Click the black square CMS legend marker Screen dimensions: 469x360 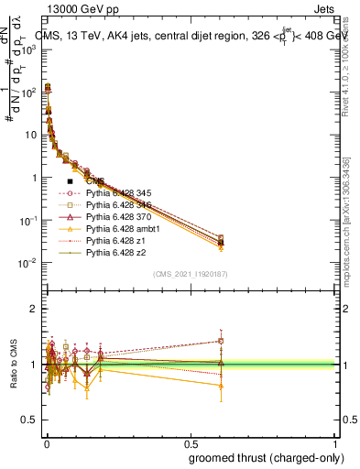coord(71,181)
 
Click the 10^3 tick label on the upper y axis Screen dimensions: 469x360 coord(29,49)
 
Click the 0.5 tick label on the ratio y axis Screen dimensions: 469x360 coord(29,421)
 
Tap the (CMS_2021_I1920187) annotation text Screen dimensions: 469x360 coord(189,274)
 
